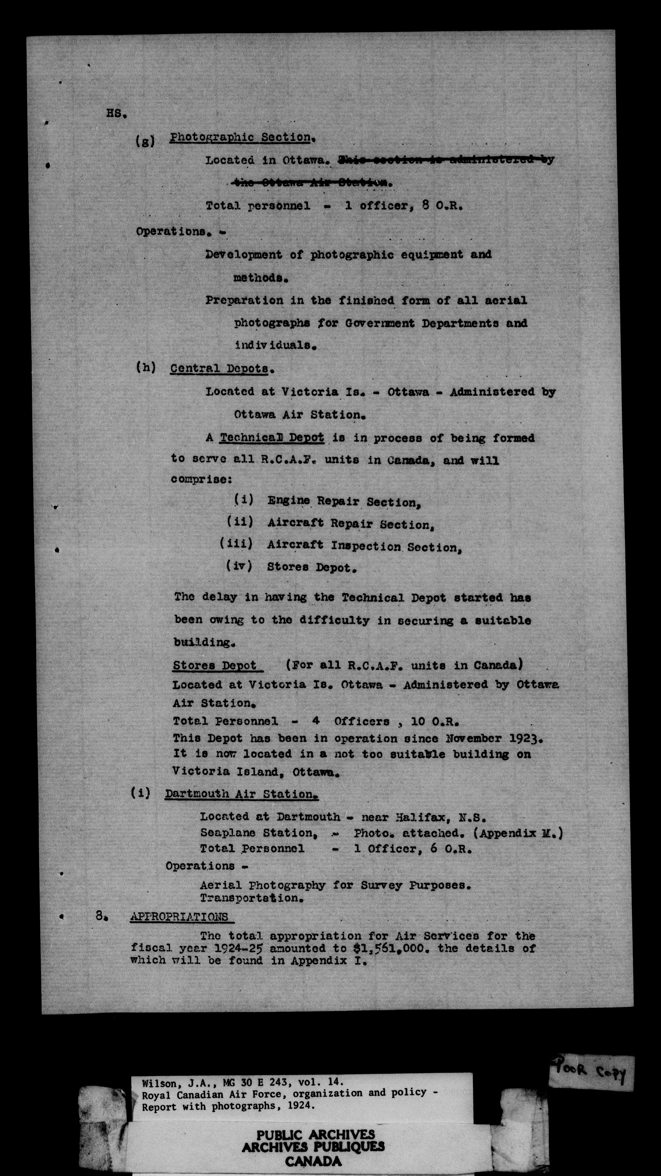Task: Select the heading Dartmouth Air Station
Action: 241,794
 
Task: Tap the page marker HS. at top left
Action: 116,114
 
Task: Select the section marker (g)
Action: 145,141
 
